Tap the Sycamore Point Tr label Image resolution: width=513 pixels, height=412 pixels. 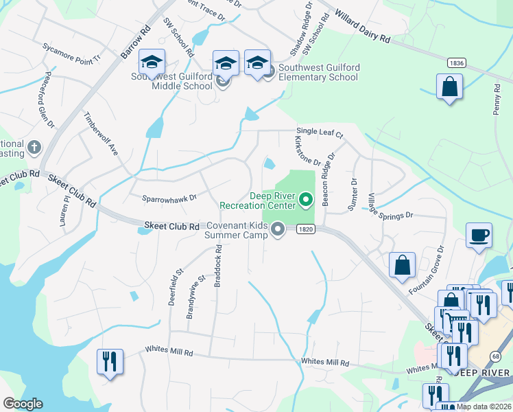tap(71, 54)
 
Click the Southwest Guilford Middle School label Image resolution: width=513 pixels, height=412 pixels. tap(172, 81)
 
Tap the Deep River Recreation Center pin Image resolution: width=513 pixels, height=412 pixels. tap(307, 201)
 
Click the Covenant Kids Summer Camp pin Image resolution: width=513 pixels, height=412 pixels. tap(278, 229)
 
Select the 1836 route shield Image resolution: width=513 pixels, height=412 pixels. tap(456, 62)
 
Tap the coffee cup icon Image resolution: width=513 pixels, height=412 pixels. tap(479, 235)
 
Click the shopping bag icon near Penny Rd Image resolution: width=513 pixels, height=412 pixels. tap(449, 87)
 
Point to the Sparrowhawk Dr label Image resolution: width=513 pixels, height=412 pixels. tap(169, 198)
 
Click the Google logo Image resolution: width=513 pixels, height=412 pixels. tap(23, 404)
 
